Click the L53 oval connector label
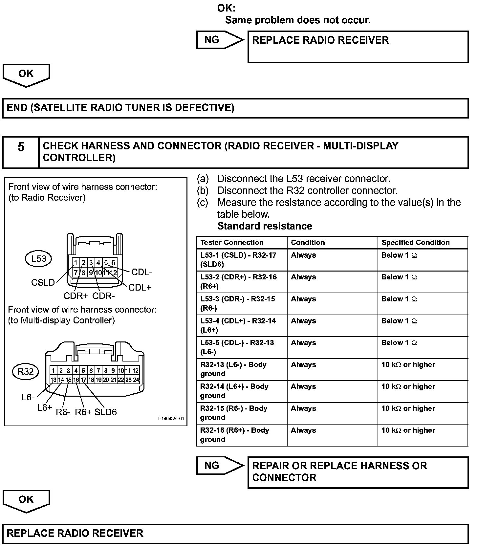(x=39, y=259)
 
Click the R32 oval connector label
(x=26, y=372)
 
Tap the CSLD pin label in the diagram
(x=43, y=283)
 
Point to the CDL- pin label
(x=141, y=272)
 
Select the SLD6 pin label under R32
(x=106, y=412)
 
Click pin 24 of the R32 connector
(x=136, y=380)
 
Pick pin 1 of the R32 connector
(x=54, y=371)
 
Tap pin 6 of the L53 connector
(x=113, y=262)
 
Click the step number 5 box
(x=21, y=152)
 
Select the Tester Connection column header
(x=232, y=242)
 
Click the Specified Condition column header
(x=415, y=242)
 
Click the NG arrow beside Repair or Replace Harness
(x=219, y=465)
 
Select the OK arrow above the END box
(x=26, y=75)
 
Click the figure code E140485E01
(x=171, y=419)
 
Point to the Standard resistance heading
(x=265, y=226)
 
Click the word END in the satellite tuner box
(x=17, y=108)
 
